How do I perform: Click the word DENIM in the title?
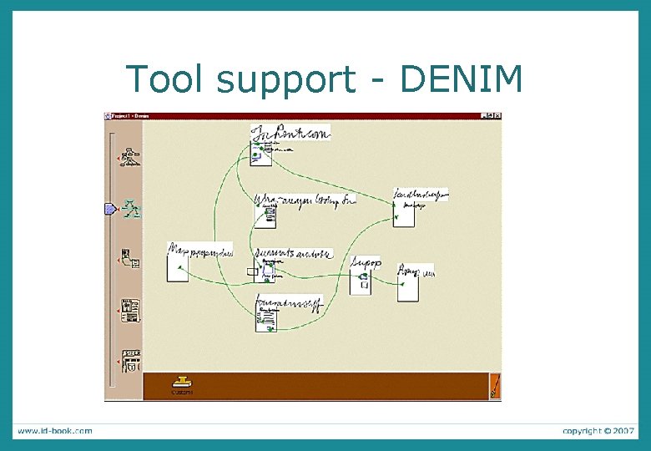point(462,79)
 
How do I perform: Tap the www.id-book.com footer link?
point(55,431)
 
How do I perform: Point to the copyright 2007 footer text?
point(598,431)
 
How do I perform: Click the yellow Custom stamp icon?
point(182,383)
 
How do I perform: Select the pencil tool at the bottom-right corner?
point(494,385)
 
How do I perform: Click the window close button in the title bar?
point(497,115)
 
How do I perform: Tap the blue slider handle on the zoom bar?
point(109,209)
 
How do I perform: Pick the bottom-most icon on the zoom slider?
point(131,361)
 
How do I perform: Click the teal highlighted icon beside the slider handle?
point(131,209)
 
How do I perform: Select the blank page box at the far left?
point(177,268)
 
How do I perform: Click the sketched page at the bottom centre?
point(266,318)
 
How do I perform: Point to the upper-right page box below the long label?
point(404,214)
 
